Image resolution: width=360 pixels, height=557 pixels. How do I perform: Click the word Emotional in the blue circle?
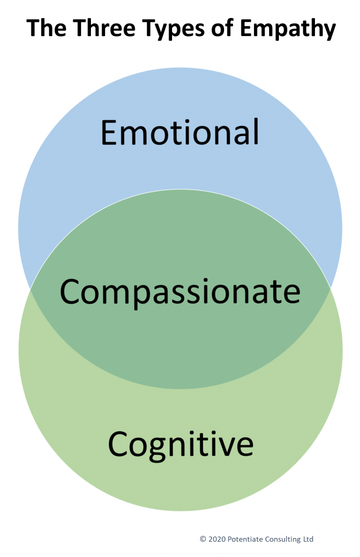(180, 132)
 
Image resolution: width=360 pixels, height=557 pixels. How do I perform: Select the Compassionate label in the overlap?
(180, 291)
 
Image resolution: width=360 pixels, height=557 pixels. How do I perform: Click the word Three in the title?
(98, 29)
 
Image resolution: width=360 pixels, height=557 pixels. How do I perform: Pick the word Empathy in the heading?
(288, 30)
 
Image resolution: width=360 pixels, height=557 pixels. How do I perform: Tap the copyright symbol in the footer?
(203, 539)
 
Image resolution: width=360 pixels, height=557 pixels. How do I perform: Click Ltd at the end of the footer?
(308, 539)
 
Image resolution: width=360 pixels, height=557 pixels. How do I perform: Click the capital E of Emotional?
(109, 132)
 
